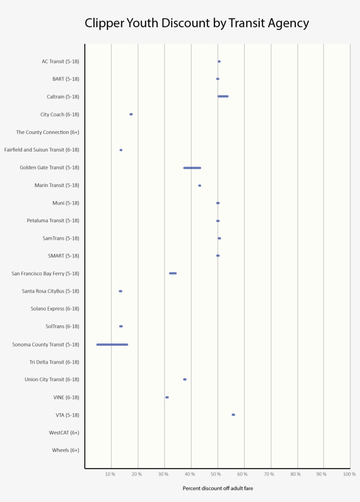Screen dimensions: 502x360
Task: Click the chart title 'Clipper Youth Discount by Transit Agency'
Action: pos(197,23)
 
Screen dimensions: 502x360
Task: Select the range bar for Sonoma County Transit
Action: pos(112,344)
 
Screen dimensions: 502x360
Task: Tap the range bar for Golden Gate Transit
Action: pos(192,168)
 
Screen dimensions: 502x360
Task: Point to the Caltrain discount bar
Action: pos(223,96)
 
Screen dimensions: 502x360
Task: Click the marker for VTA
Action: pos(233,415)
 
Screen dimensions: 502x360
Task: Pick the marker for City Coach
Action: pos(131,114)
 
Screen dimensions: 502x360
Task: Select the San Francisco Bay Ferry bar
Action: pos(173,273)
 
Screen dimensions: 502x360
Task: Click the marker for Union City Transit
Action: pos(184,379)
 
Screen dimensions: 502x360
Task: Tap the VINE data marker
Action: pos(167,397)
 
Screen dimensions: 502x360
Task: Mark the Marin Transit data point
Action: pos(199,185)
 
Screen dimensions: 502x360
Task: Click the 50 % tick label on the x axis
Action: pos(216,474)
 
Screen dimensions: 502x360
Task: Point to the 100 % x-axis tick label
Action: pos(349,474)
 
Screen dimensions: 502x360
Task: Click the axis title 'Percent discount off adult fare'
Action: pos(218,488)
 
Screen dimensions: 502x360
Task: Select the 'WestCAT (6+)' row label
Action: pos(64,433)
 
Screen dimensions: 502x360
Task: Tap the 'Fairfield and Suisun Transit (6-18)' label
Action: pos(42,150)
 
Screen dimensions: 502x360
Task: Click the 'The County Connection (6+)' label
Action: pos(47,132)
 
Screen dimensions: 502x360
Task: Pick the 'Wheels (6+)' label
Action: pos(65,450)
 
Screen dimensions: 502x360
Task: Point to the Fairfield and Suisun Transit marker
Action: pos(121,150)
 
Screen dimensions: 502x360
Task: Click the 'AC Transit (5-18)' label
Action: pos(61,61)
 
